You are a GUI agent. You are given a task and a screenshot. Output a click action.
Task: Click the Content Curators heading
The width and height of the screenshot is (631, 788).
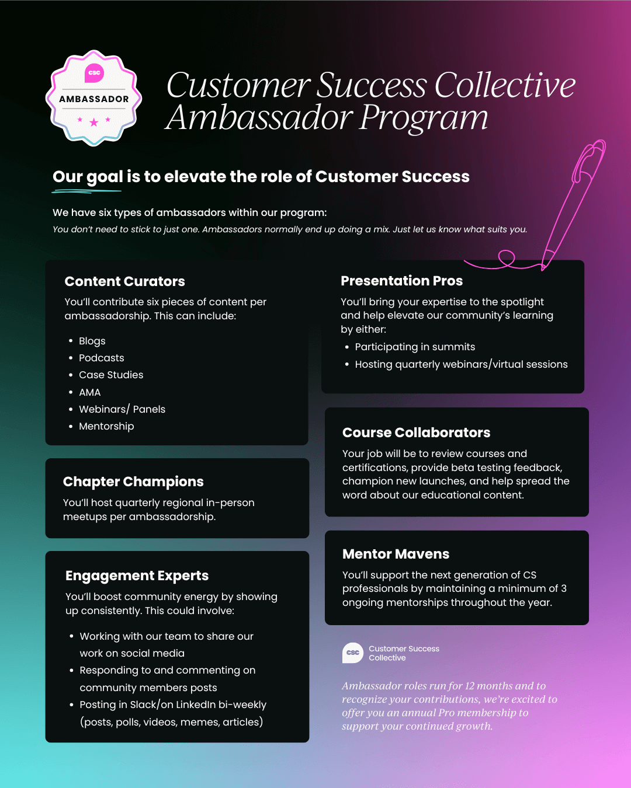point(124,281)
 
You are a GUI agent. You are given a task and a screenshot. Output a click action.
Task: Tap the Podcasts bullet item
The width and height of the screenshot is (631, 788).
point(101,358)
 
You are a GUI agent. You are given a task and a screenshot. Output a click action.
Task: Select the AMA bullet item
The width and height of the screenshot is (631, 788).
point(89,392)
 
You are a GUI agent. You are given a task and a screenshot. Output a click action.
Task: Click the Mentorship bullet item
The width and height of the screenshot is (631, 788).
point(106,426)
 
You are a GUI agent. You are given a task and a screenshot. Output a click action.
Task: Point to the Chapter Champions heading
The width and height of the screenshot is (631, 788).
point(133,482)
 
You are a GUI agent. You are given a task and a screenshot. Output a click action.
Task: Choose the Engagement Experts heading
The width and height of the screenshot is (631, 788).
point(137,576)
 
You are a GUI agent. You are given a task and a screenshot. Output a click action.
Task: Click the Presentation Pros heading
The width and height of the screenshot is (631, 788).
point(401,281)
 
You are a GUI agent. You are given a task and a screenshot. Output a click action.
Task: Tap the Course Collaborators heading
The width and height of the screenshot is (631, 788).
point(416,433)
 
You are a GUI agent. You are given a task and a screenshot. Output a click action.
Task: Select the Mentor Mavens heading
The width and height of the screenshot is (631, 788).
point(396,554)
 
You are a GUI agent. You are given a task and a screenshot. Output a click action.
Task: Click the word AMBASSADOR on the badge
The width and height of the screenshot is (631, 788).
point(94,99)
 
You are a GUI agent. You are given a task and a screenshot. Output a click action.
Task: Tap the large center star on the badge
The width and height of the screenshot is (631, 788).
point(94,123)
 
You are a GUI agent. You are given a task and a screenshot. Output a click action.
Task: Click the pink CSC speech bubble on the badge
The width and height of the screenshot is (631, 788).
point(94,73)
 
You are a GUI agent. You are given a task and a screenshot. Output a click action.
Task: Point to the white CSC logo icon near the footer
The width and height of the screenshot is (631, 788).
point(352,653)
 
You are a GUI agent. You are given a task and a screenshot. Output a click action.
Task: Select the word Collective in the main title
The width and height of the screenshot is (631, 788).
point(505,85)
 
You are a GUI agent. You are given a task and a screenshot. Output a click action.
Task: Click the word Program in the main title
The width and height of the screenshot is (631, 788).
point(424,118)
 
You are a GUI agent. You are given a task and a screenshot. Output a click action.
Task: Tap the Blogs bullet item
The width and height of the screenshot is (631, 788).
point(92,341)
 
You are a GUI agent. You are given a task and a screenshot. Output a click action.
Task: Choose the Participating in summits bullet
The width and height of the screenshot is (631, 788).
point(415,347)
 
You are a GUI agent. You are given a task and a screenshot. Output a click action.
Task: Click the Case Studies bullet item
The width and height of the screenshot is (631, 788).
point(111,375)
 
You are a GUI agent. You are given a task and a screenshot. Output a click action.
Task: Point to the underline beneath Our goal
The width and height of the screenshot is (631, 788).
point(86,191)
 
